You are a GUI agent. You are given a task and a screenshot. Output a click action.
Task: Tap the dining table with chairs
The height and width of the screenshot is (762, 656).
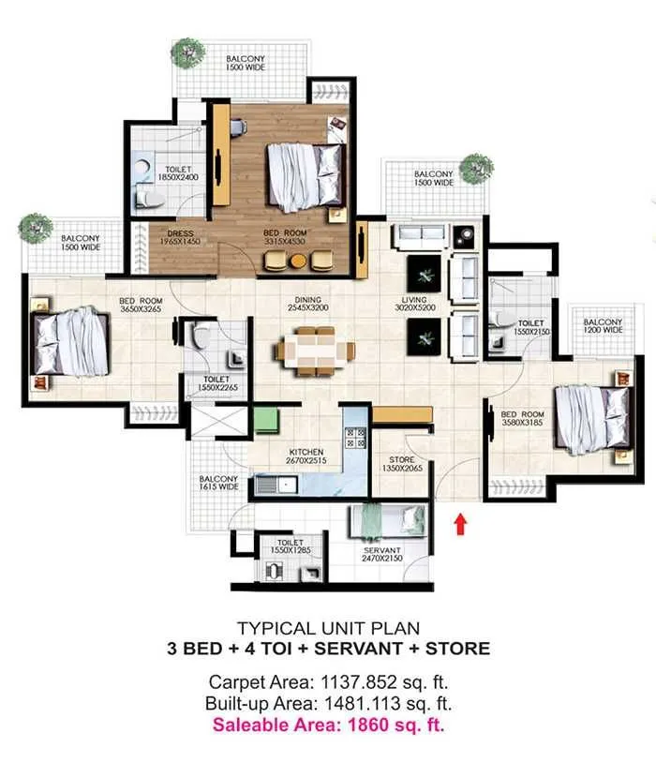(x=315, y=350)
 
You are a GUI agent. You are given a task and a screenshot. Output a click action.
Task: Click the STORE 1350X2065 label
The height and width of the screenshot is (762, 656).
(x=401, y=464)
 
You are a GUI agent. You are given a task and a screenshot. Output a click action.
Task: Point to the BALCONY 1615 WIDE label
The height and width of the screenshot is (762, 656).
(x=218, y=483)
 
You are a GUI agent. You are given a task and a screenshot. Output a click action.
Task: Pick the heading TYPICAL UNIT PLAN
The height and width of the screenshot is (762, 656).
(x=327, y=627)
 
